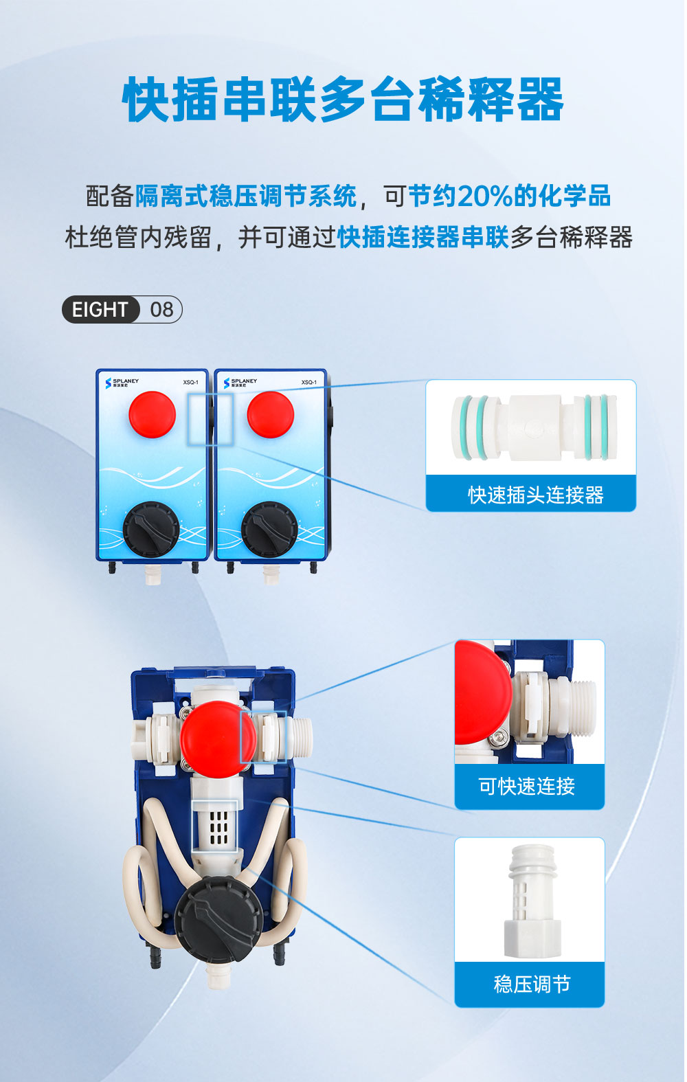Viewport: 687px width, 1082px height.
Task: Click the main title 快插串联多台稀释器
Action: coord(343,100)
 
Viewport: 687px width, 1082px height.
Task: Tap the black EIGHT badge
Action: coord(100,309)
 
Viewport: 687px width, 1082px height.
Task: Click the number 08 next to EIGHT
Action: coord(161,309)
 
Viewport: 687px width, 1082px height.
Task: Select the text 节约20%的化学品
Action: coord(509,196)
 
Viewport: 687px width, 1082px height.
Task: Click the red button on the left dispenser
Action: coord(152,414)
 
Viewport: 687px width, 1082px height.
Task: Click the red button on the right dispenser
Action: coord(270,414)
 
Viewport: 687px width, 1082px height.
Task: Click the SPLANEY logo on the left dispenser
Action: coord(122,383)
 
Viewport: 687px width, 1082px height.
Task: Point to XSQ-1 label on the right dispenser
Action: coord(308,383)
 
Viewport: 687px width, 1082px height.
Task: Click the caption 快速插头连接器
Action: coord(535,495)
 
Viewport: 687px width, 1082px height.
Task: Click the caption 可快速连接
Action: coord(527,786)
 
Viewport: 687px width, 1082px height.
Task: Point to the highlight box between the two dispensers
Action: coord(210,418)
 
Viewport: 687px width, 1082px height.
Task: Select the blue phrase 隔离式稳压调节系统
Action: coord(246,196)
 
